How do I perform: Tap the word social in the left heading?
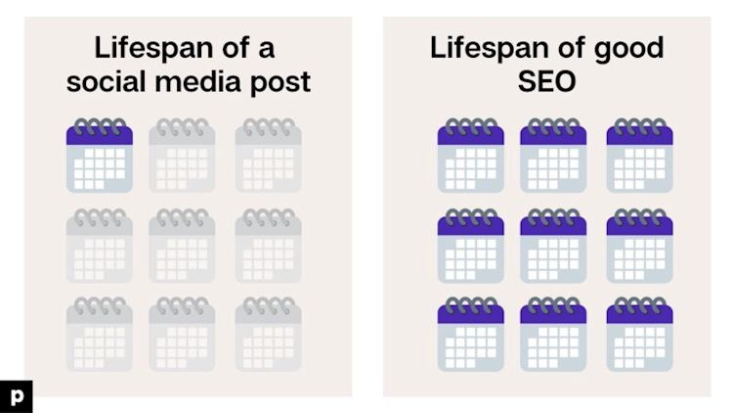tap(107, 81)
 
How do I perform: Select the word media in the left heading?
tap(197, 81)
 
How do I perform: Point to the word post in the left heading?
tap(280, 83)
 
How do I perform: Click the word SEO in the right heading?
tap(546, 81)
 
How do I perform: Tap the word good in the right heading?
tap(628, 50)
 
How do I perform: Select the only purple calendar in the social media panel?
tap(99, 156)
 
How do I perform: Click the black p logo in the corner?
tap(17, 396)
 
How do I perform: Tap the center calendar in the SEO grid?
tap(553, 246)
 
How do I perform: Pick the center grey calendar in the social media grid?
tap(182, 246)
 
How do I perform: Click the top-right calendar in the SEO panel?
tap(639, 156)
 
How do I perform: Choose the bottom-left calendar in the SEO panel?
tap(471, 334)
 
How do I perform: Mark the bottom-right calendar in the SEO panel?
tap(639, 334)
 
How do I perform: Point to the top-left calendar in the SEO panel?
tap(471, 156)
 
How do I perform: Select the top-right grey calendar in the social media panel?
tap(269, 156)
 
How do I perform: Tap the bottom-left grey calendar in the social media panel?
tap(99, 334)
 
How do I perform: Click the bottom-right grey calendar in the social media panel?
tap(269, 334)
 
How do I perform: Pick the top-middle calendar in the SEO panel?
tap(553, 156)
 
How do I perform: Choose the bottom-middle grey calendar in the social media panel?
tap(182, 334)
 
